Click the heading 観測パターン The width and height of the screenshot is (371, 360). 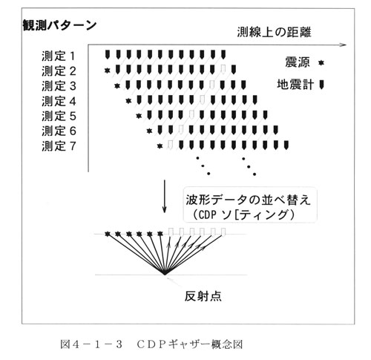pos(59,25)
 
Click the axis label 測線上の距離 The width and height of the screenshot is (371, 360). pos(274,32)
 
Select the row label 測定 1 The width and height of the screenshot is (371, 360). pos(59,56)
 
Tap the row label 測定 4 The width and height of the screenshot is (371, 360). pos(59,101)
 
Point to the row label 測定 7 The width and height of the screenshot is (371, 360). pos(59,146)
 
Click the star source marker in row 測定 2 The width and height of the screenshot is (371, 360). pos(107,71)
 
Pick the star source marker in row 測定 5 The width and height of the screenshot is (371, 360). pos(139,116)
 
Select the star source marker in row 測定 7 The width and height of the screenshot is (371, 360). pos(160,146)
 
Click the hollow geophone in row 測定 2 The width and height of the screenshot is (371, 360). pos(223,70)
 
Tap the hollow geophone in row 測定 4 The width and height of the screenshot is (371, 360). pos(202,99)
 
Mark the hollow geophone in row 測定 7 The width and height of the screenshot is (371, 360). pos(170,145)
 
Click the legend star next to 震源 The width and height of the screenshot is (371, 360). pos(321,63)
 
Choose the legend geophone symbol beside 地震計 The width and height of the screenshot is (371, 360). pos(321,85)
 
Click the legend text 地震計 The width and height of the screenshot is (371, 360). pos(295,85)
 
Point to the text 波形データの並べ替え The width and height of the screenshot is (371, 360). pos(248,200)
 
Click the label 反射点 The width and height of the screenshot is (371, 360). pos(203,296)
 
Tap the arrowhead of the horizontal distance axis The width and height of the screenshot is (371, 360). pos(344,45)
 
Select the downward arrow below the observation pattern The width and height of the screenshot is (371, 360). pos(165,196)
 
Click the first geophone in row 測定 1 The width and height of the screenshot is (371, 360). pos(107,54)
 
